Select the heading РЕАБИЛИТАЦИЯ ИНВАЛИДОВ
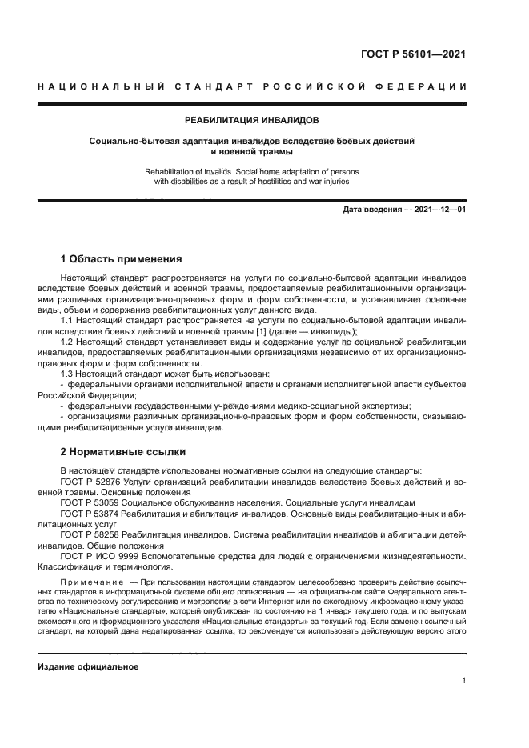[x=251, y=120]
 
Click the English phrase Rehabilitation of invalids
[x=194, y=171]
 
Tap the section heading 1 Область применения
[x=122, y=259]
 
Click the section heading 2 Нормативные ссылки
[x=122, y=451]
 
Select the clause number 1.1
[x=68, y=321]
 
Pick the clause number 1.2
[x=68, y=342]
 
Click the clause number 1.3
[x=68, y=374]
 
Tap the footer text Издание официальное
[x=88, y=666]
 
